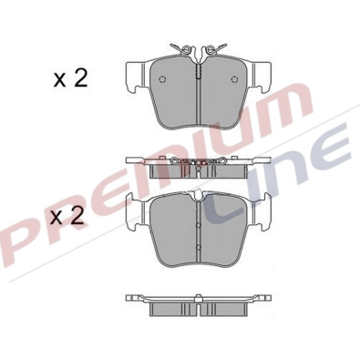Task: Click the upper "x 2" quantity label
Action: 69,79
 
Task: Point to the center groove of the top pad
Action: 198,91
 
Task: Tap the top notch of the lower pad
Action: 198,197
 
